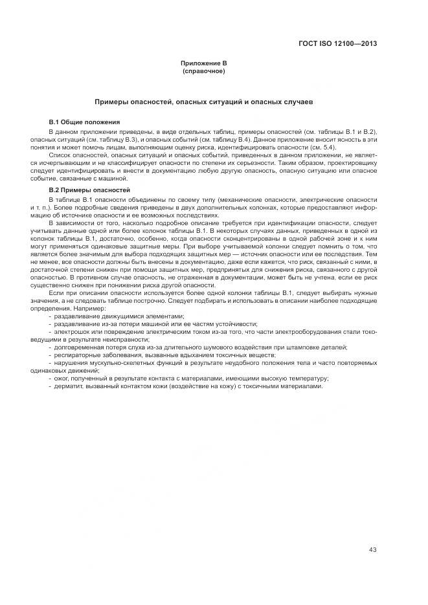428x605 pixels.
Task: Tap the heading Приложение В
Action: [x=204, y=63]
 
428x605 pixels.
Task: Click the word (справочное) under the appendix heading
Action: [x=204, y=71]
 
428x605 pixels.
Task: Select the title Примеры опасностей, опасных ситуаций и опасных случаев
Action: [x=204, y=102]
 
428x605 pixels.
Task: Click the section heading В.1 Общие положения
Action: [x=84, y=122]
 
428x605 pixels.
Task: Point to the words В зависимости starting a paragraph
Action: [x=73, y=223]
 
